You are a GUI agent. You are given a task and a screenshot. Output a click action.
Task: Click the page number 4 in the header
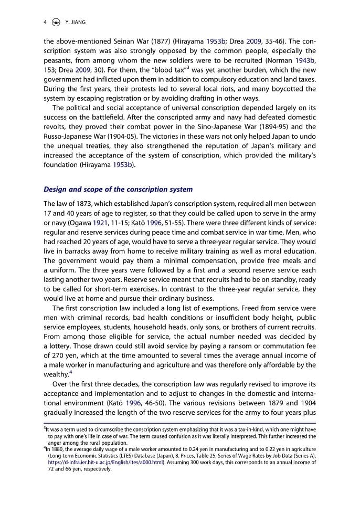pos(46,23)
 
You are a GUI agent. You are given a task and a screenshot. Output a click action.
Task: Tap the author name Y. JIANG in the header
pos(74,23)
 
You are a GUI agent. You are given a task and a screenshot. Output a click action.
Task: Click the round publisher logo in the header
pos(57,23)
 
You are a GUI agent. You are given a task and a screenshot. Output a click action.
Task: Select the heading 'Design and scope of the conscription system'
pos(118,189)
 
